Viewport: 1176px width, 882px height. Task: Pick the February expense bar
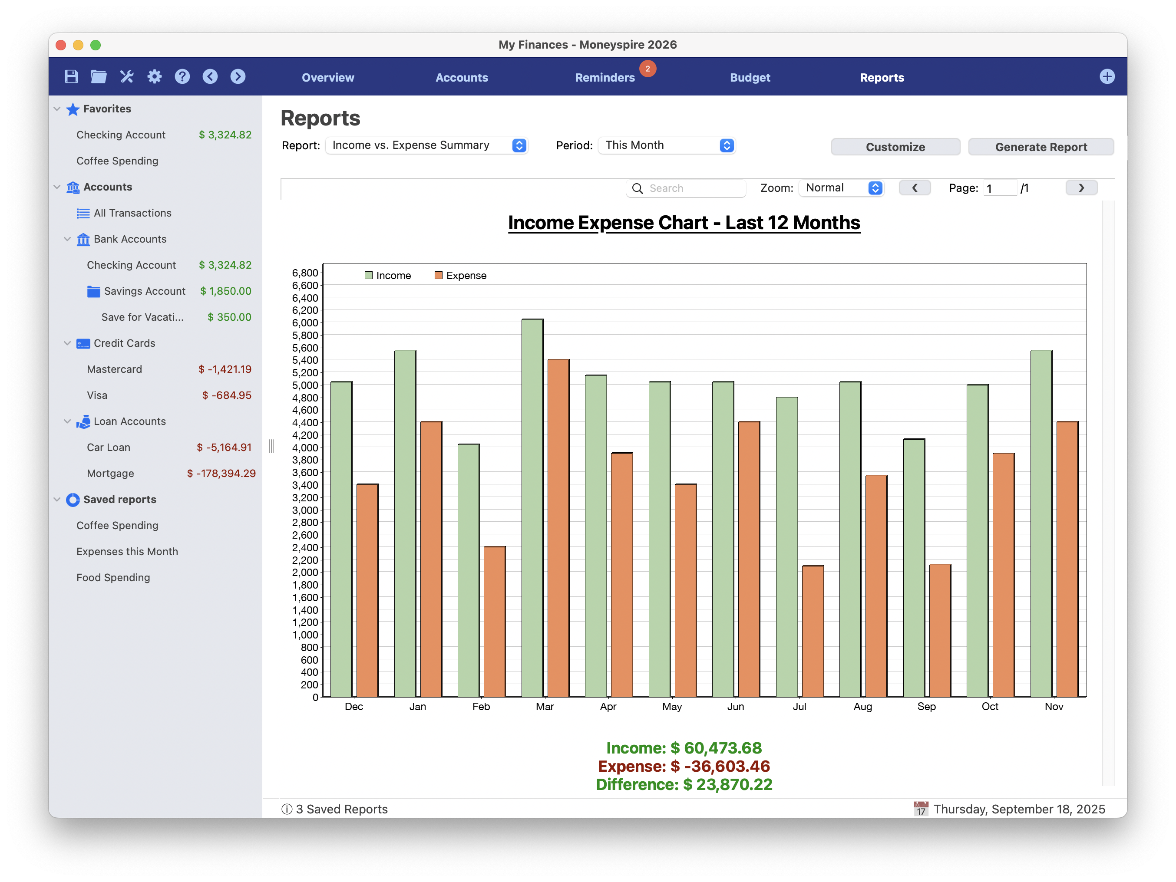coord(495,621)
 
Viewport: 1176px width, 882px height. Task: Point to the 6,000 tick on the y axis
coord(305,323)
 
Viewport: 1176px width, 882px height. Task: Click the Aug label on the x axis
coord(862,706)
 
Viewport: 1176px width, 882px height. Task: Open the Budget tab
coord(750,78)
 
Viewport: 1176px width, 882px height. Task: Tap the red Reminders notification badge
coord(647,69)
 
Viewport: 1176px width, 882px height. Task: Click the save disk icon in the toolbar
coord(71,76)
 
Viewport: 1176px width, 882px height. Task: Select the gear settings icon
coord(154,76)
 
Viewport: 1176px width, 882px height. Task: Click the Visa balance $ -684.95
coord(227,395)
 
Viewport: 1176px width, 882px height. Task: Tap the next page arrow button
coord(1081,188)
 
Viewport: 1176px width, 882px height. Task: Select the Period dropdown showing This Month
coord(666,145)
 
